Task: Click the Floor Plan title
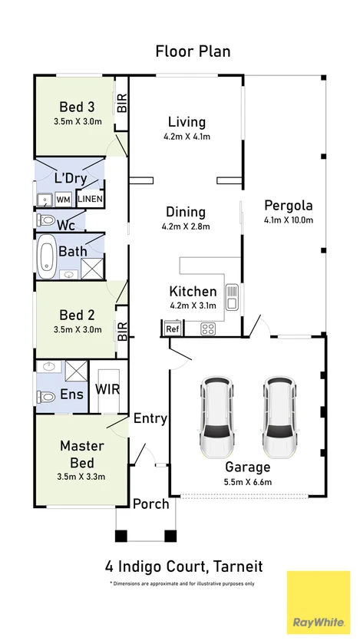click(193, 51)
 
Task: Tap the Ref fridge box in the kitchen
click(171, 329)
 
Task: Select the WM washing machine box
click(63, 200)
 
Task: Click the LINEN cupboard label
click(91, 200)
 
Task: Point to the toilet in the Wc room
click(45, 220)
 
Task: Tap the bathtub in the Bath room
click(46, 256)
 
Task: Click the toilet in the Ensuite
click(45, 397)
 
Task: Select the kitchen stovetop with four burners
click(208, 329)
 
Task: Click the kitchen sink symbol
click(232, 296)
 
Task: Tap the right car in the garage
click(279, 417)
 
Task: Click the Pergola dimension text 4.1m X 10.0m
click(289, 220)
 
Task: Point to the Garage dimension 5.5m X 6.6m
click(247, 482)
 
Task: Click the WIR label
click(107, 389)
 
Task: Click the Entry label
click(150, 419)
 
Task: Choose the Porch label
click(151, 504)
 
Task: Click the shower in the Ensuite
click(76, 372)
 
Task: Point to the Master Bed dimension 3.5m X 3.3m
click(81, 477)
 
